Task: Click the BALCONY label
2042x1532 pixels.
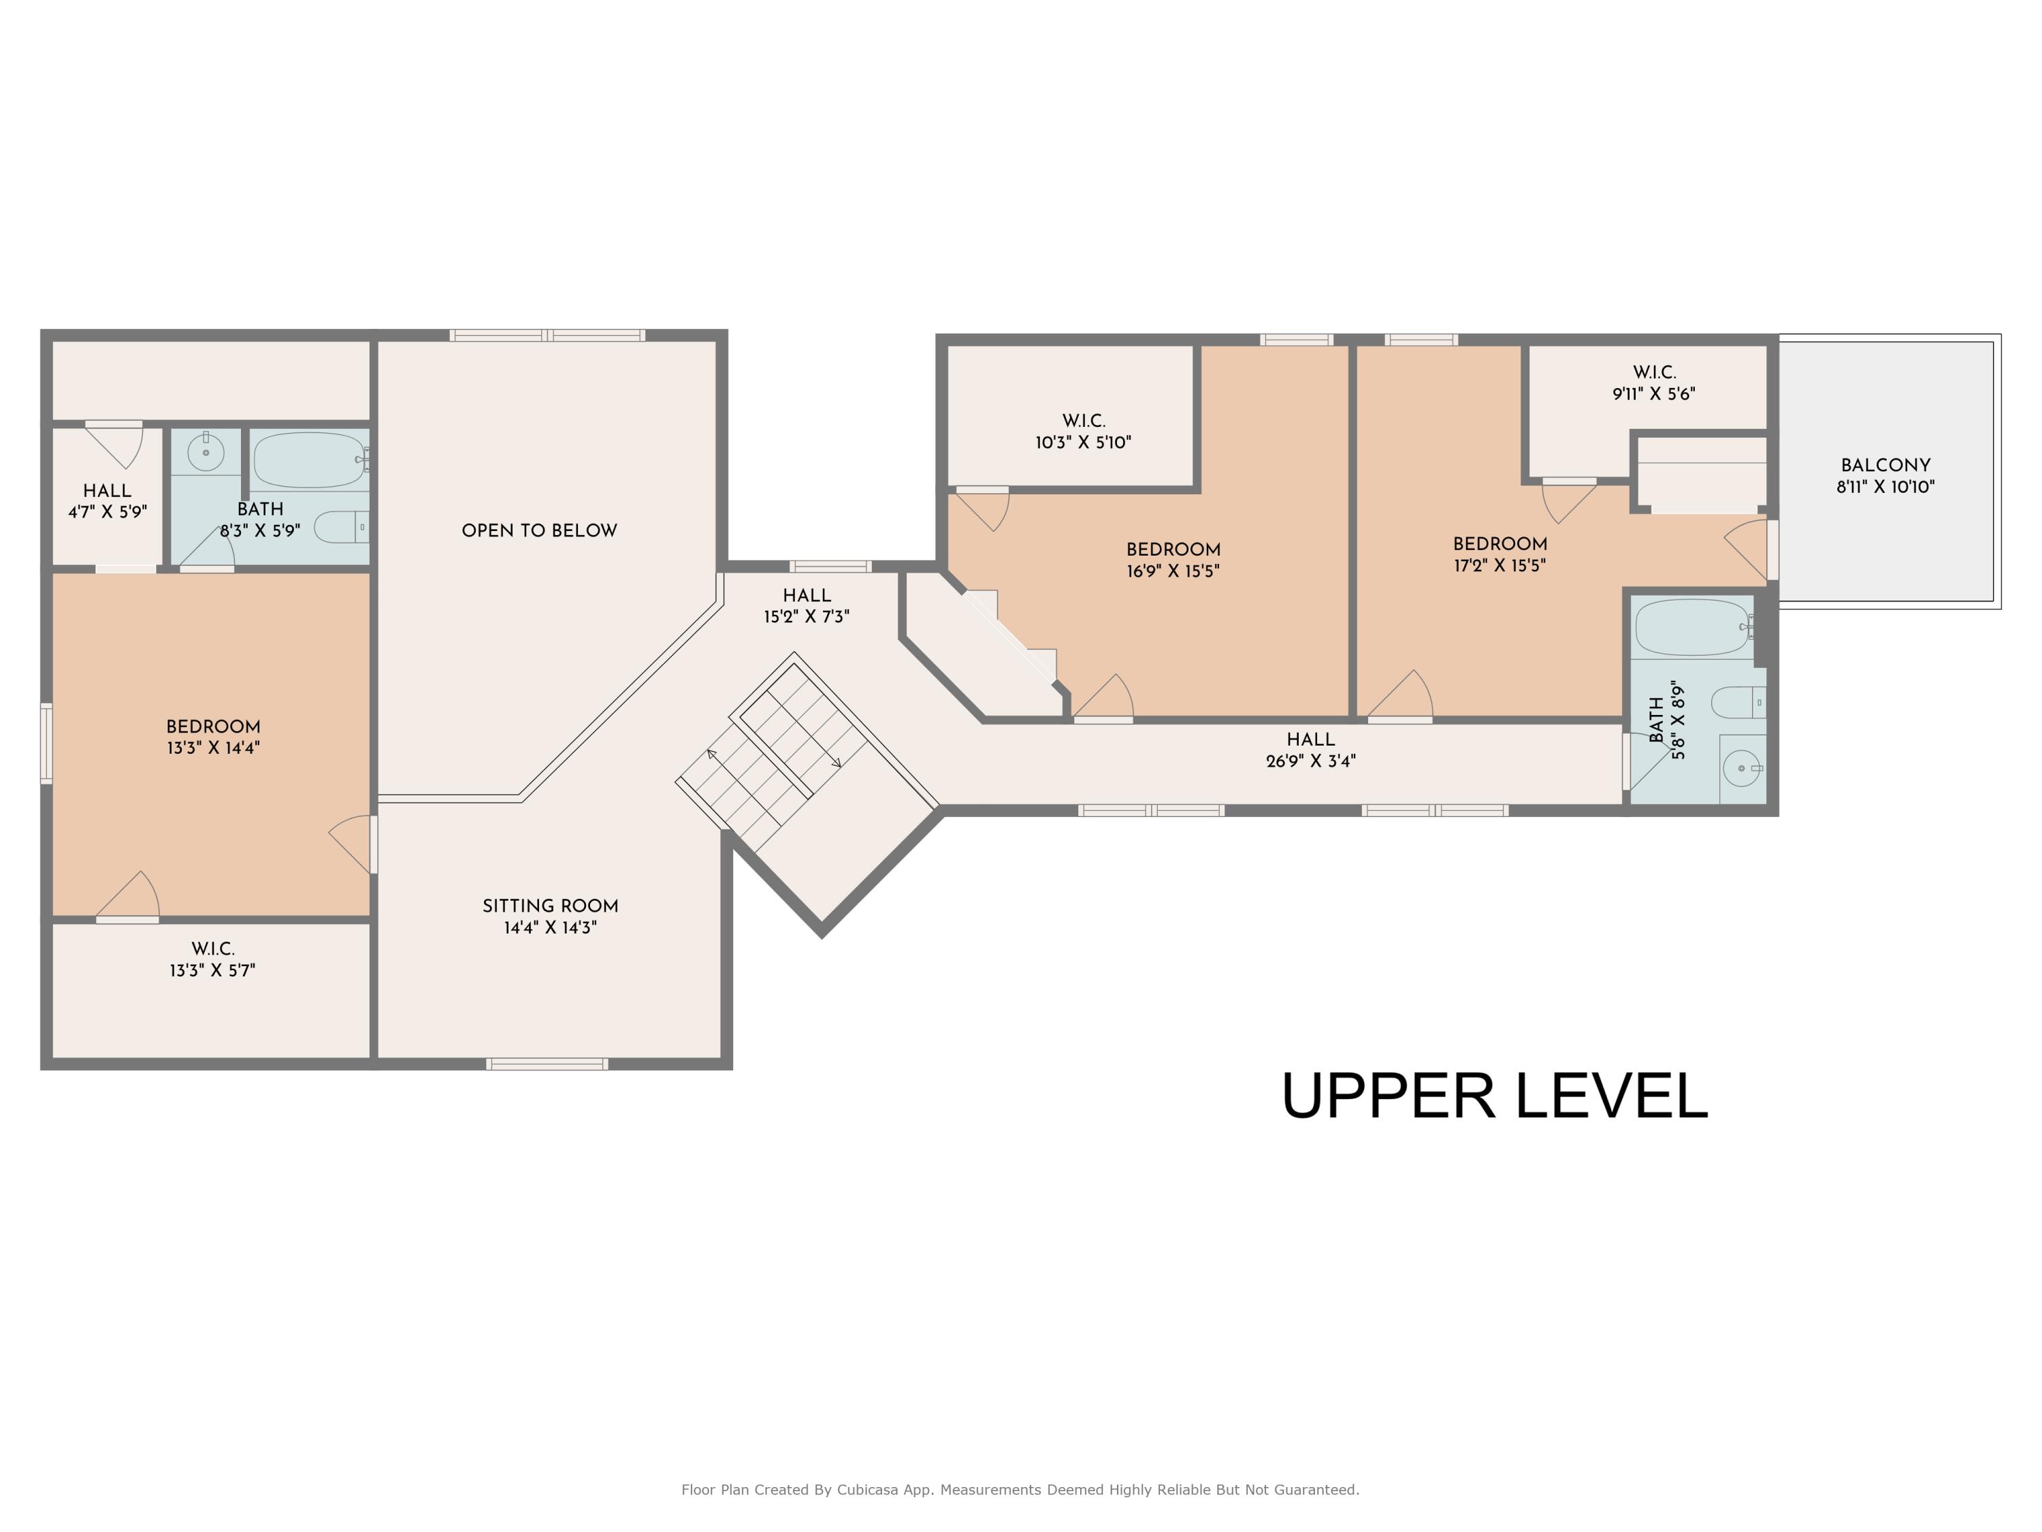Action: pos(1885,466)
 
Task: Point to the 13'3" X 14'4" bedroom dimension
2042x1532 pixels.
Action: pos(213,748)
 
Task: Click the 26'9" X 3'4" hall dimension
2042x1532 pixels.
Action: pos(1311,761)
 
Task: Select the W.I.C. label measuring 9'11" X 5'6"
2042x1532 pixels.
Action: pos(1654,373)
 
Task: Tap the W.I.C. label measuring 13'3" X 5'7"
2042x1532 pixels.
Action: pos(213,949)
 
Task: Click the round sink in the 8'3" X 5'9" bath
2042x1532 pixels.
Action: pos(206,453)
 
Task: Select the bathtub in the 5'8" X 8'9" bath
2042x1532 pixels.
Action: pos(1695,627)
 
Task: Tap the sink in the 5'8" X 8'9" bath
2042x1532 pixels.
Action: pos(1742,768)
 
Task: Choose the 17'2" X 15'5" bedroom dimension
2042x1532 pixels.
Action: pos(1500,566)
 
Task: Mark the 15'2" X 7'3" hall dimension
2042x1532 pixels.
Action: pos(807,617)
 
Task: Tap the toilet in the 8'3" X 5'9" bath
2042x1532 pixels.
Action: pos(342,527)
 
